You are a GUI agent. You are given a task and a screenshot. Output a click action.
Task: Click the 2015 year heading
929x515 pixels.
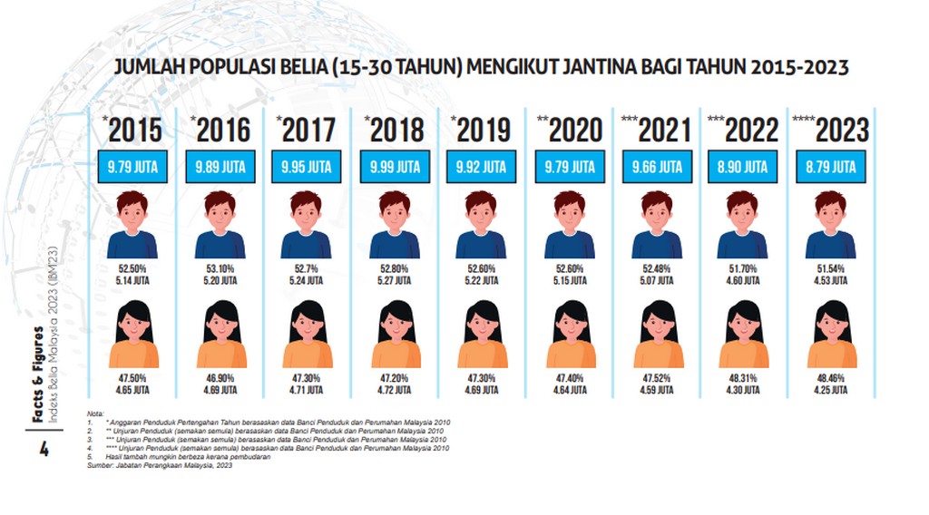pos(134,129)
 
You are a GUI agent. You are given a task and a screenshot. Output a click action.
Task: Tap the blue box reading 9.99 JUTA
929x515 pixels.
pos(396,168)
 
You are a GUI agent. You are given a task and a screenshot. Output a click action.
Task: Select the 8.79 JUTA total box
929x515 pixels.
pos(831,168)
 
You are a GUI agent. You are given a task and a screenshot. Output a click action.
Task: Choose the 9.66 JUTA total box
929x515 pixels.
pos(658,168)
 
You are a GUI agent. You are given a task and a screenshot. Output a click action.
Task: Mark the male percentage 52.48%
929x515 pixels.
pos(658,268)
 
